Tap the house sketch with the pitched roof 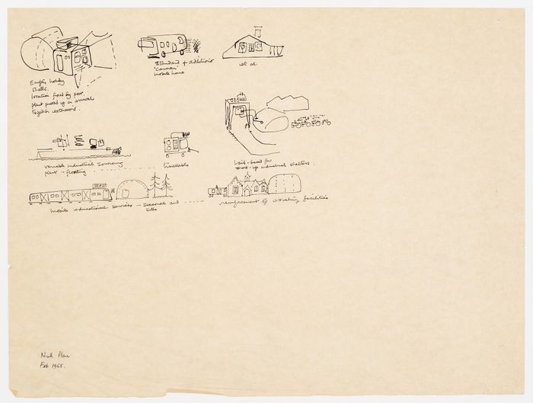point(253,46)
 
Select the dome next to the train point(132,190)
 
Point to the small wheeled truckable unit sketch point(177,145)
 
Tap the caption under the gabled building point(272,202)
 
